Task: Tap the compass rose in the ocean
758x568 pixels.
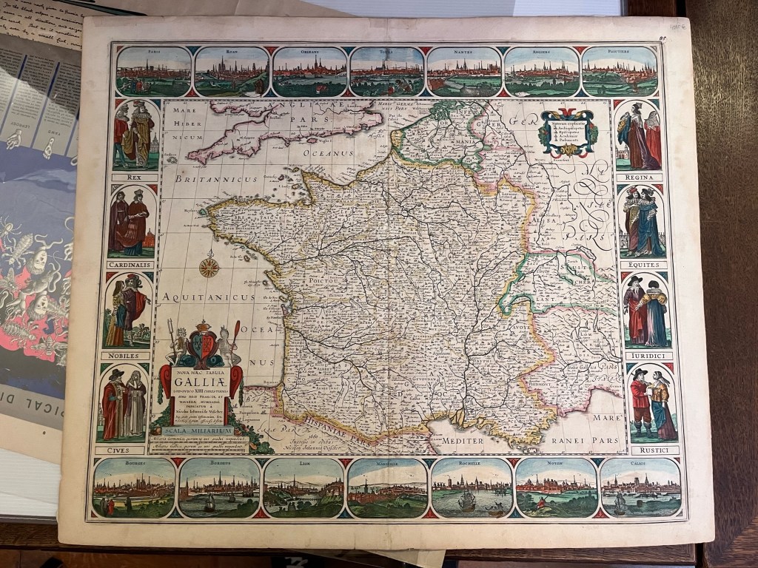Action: [209, 265]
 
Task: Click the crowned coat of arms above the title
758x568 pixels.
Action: [202, 346]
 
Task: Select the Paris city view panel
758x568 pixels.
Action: [153, 71]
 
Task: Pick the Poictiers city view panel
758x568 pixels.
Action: [620, 71]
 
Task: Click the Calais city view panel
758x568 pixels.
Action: [640, 487]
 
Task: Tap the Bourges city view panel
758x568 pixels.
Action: [134, 487]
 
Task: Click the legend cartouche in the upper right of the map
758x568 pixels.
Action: [568, 133]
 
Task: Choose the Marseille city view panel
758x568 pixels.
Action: [386, 487]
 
